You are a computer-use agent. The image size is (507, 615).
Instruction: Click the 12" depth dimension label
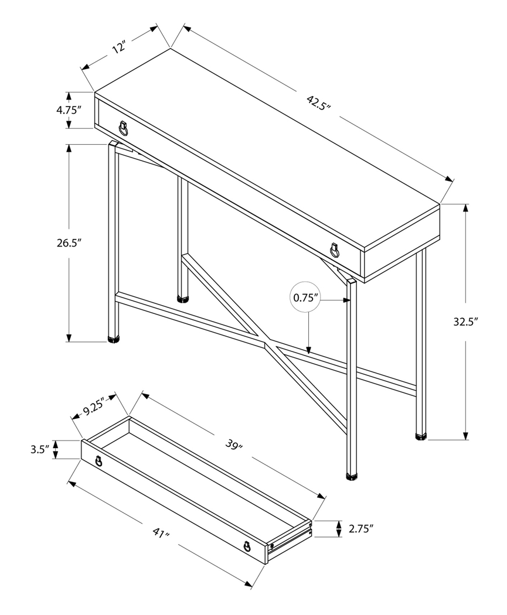coord(120,47)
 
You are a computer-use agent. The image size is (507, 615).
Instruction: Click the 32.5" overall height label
coord(466,321)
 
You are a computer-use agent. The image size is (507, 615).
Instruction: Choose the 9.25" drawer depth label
coord(93,406)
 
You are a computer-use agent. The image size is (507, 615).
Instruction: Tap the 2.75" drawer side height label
coord(361,529)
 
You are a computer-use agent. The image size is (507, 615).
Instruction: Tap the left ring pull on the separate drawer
coord(98,461)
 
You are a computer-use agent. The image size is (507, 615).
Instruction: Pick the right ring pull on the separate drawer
coord(247,546)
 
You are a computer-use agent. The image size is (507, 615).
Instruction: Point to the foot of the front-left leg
coord(114,338)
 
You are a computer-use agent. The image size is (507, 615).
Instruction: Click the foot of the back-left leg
coord(183,299)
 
